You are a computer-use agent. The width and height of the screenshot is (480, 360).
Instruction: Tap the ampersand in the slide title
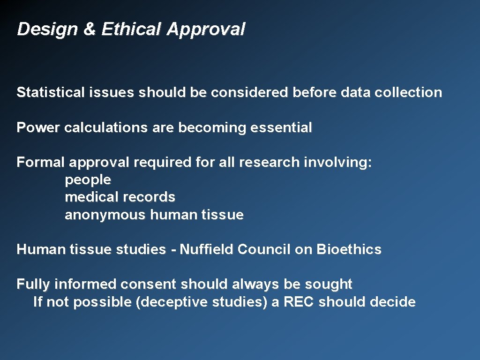[89, 30]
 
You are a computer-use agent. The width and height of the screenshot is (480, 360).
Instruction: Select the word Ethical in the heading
[131, 30]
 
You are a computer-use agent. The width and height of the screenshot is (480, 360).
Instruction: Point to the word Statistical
[50, 92]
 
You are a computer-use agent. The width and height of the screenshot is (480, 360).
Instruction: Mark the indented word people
[88, 180]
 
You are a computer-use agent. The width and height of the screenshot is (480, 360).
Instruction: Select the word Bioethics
[349, 249]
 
